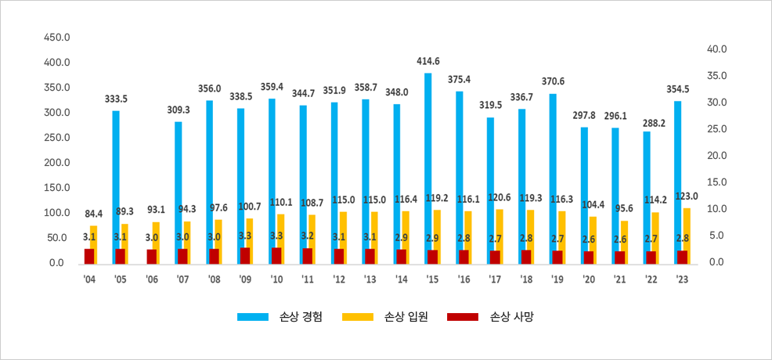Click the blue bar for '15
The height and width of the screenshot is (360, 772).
tap(428, 167)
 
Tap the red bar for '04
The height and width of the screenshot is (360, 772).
tap(89, 256)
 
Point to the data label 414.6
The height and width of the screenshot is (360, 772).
tap(428, 61)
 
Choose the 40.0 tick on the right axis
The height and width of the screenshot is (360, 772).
tap(717, 49)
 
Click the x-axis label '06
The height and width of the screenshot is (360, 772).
tap(152, 278)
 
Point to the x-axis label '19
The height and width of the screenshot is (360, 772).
tap(557, 278)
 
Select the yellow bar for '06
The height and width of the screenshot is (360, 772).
tap(157, 242)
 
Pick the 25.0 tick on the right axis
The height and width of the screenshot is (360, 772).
tap(717, 128)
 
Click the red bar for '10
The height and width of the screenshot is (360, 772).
tap(276, 255)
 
